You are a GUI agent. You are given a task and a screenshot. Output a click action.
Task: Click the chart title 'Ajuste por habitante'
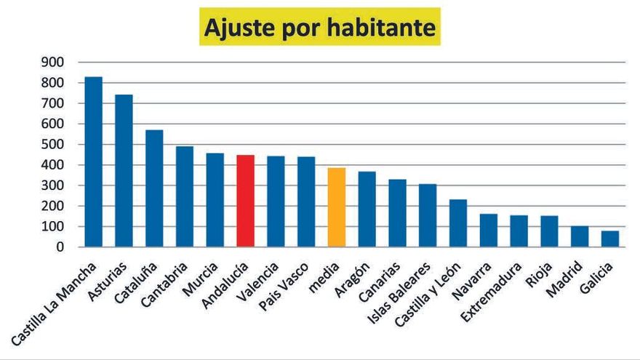coord(320,27)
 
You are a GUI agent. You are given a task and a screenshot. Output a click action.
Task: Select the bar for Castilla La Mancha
coord(93,162)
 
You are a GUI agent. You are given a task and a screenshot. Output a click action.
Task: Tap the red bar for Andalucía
coord(245,201)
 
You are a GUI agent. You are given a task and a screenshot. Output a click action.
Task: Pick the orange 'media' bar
coord(336,208)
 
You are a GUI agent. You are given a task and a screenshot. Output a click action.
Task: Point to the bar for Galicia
coord(609,239)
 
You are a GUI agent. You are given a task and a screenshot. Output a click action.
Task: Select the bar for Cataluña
coord(154,189)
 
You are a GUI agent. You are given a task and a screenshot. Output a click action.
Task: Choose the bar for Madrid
coord(580,237)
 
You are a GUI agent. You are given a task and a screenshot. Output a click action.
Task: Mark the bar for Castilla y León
coord(458,223)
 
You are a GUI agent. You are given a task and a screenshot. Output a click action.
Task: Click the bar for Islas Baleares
coord(428,216)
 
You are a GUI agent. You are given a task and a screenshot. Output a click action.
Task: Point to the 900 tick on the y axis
coord(52,63)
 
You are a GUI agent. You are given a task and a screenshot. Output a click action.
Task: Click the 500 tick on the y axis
coord(52,145)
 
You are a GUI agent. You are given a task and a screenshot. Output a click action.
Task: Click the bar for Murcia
coord(215,200)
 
